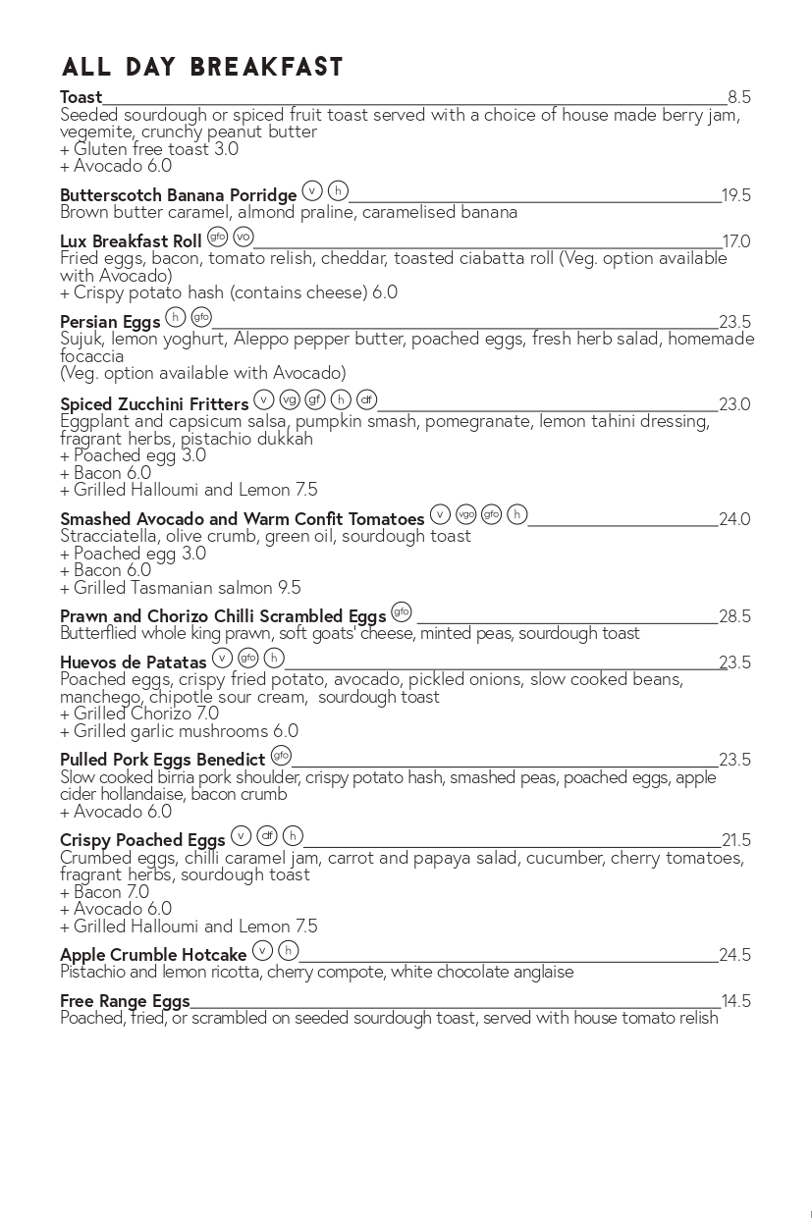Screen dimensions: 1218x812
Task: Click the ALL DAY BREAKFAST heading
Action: point(202,67)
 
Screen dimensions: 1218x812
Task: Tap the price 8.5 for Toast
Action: point(738,97)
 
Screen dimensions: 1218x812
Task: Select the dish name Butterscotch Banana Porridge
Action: point(178,195)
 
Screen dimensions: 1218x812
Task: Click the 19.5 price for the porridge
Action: point(735,195)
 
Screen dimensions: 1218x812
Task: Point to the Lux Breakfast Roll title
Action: point(131,241)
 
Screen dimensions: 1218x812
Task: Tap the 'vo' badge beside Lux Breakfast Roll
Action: point(244,237)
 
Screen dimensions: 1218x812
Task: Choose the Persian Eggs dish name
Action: point(110,322)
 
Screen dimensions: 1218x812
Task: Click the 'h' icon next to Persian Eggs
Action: point(176,316)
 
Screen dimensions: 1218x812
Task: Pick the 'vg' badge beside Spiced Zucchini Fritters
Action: point(289,398)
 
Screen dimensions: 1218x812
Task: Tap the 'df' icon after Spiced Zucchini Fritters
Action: point(366,398)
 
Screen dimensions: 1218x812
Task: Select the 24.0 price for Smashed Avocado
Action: point(734,519)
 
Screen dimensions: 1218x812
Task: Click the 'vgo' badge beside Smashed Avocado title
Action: point(465,513)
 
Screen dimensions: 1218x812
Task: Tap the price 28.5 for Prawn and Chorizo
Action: point(734,616)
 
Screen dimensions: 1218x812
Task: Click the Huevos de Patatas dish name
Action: point(134,662)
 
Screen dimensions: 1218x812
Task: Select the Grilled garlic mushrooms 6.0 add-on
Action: point(179,731)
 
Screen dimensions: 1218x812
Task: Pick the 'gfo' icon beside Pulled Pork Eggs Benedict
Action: point(281,755)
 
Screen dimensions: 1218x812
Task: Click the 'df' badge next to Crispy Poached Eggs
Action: point(267,835)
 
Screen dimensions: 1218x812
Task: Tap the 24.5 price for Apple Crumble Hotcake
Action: point(734,955)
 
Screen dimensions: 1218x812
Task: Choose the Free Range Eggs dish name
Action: point(125,1001)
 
